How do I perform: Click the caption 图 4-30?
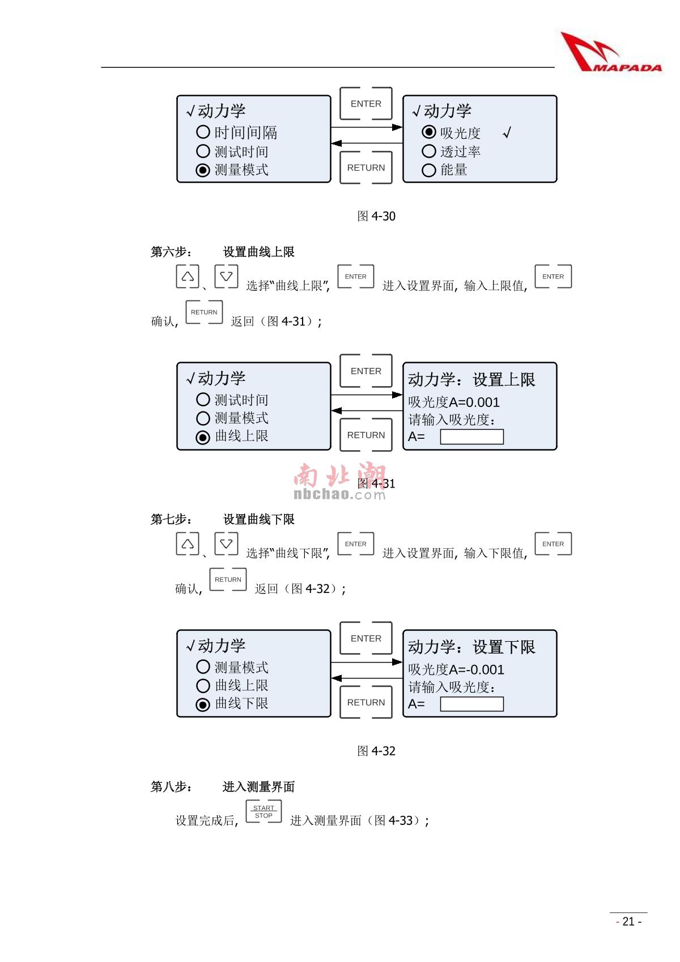[x=376, y=216]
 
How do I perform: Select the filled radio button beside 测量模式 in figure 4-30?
[x=203, y=170]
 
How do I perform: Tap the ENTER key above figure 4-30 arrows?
[x=365, y=104]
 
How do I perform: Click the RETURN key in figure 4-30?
[x=365, y=168]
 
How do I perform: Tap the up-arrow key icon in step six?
[x=188, y=276]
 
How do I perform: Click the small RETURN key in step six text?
[x=204, y=312]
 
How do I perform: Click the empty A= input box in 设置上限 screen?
[x=471, y=436]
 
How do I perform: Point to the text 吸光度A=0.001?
[x=454, y=402]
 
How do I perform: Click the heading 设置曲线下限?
[x=259, y=519]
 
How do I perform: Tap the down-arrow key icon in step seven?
[x=226, y=544]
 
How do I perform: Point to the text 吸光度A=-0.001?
[x=456, y=669]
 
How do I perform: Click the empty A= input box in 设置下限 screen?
[x=471, y=704]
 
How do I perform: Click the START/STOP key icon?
[x=263, y=812]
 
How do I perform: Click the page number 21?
[x=628, y=921]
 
